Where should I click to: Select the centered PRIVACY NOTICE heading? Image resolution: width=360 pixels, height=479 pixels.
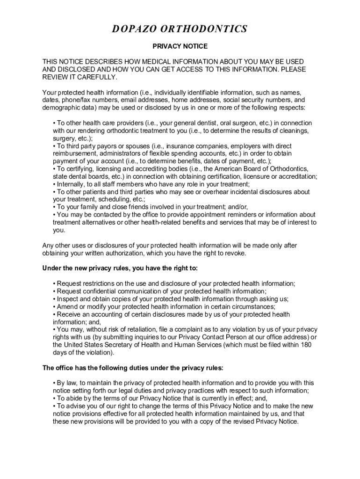[x=180, y=47]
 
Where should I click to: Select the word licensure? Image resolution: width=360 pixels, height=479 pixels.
[x=252, y=176]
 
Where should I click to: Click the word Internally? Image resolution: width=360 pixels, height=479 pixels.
[x=71, y=184]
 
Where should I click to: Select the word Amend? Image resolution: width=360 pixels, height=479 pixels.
[x=66, y=306]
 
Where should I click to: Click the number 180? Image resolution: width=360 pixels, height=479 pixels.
[x=305, y=345]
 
